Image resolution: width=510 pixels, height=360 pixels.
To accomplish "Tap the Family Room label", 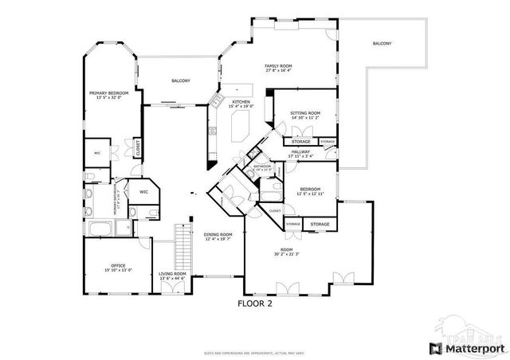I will click(278, 65).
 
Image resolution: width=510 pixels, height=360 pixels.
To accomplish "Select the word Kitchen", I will click(241, 102).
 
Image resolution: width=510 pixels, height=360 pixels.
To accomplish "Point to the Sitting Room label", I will click(305, 114).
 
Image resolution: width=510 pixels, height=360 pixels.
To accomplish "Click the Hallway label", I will click(300, 151).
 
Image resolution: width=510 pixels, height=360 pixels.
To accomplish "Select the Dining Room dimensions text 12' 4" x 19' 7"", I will click(218, 239).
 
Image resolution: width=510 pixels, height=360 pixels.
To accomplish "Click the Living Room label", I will click(173, 273).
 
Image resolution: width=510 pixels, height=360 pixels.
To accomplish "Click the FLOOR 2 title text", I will click(255, 303).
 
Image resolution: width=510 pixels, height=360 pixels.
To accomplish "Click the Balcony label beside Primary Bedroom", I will click(181, 81).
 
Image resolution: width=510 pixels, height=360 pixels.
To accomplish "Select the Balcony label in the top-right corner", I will click(382, 43).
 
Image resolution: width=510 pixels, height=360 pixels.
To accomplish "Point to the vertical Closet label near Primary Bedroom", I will click(138, 147).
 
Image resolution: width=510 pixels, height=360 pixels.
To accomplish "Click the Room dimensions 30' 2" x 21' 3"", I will click(287, 254).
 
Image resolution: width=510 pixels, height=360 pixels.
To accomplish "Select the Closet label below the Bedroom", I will click(274, 210).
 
